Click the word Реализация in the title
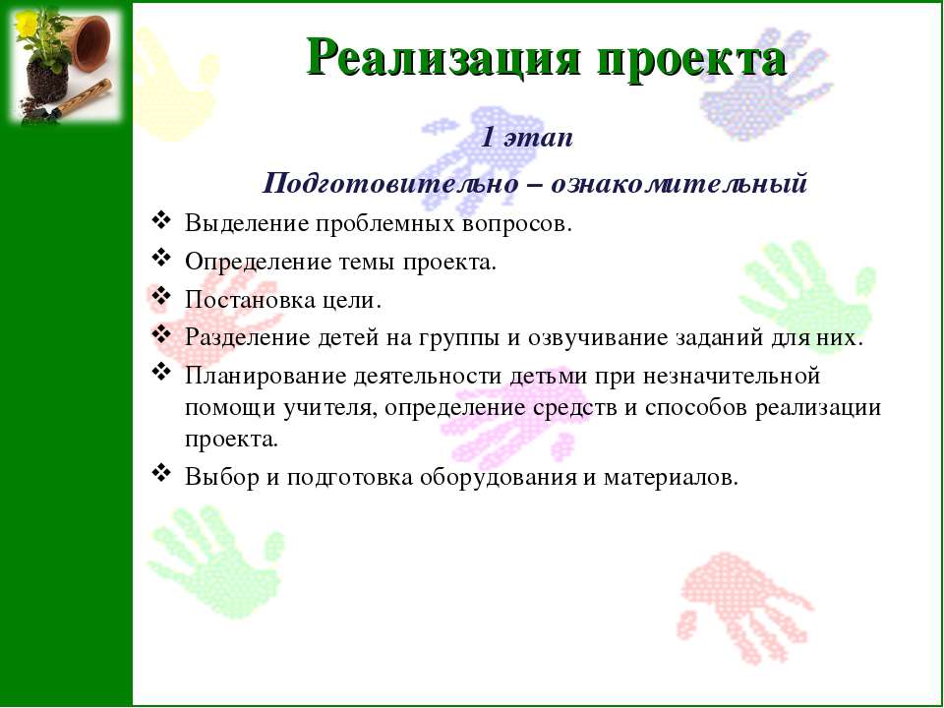(444, 58)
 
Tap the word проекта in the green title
(691, 60)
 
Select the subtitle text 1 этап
(527, 138)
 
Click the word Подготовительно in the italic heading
(390, 183)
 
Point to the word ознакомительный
(679, 183)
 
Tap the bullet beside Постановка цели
(160, 296)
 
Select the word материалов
(671, 478)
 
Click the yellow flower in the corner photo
(27, 24)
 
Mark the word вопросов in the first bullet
(515, 224)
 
